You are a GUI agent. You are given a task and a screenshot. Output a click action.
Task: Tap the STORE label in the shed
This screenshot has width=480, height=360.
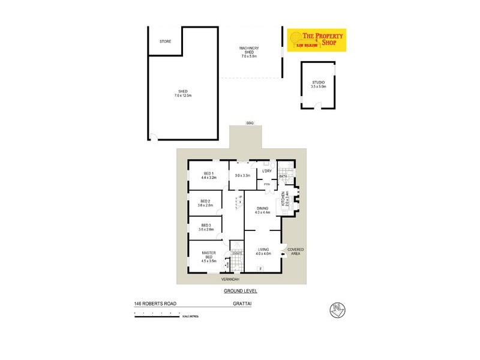166,41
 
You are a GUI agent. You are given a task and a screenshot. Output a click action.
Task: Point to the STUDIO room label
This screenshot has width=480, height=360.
318,85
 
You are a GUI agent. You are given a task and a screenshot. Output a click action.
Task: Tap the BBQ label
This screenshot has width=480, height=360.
250,123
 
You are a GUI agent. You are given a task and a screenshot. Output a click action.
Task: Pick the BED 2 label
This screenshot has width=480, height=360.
205,203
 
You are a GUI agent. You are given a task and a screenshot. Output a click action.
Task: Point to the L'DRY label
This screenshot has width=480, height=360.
268,172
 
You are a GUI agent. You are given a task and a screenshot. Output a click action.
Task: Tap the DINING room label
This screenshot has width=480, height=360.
263,210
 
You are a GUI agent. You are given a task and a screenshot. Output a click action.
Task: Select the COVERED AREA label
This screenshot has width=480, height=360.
296,251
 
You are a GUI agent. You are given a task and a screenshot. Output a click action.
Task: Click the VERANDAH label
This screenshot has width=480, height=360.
230,280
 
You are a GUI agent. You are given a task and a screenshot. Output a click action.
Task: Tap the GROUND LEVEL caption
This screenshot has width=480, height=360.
240,290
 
